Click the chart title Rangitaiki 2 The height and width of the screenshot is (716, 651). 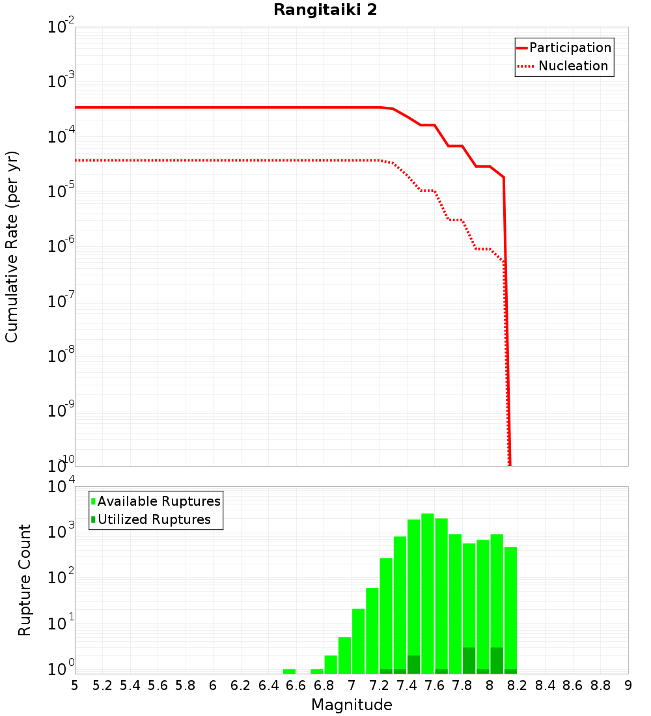point(325,10)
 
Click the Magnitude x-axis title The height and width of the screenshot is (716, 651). point(352,704)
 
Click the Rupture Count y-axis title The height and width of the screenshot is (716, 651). point(25,579)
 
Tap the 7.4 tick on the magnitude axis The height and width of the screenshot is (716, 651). point(407,685)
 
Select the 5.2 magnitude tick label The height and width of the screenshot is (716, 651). point(103,685)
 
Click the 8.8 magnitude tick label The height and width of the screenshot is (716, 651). point(601,685)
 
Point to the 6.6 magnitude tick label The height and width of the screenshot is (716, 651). point(296,685)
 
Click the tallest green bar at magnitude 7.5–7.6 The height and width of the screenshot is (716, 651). point(428,592)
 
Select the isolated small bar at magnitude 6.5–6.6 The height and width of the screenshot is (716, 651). point(289,671)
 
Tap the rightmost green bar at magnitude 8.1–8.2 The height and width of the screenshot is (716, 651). point(510,609)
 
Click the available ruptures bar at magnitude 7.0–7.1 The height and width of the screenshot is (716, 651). point(358,641)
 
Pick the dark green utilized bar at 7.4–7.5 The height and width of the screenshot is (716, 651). point(413,665)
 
